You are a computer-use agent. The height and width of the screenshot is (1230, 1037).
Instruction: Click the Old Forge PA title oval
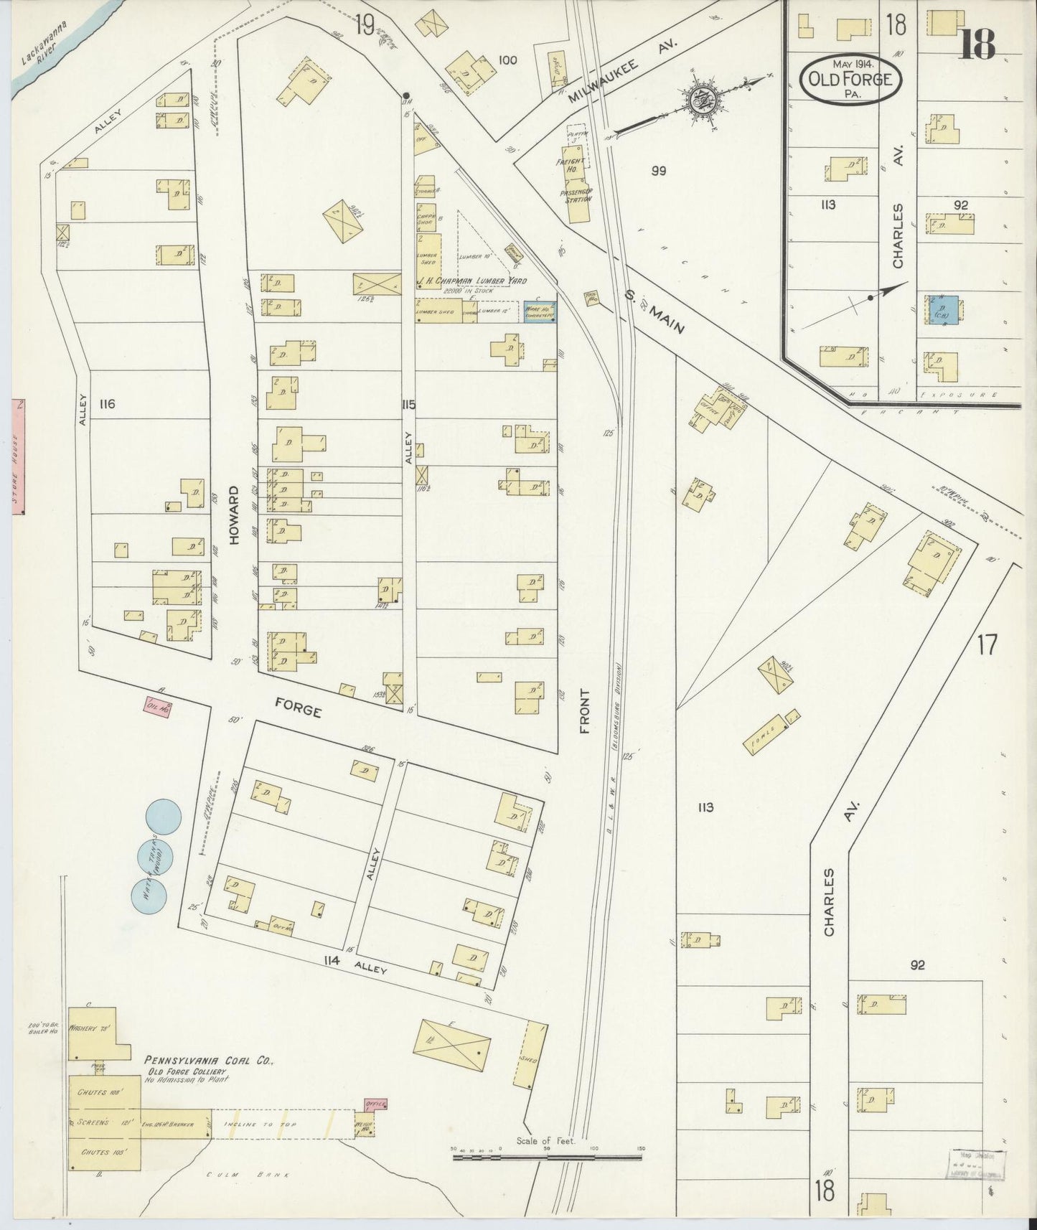pos(851,79)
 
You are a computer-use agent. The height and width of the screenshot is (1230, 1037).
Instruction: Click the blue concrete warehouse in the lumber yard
pos(540,310)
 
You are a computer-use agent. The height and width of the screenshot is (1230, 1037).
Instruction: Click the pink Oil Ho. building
pos(158,708)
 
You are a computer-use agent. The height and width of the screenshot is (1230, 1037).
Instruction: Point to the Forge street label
pos(298,709)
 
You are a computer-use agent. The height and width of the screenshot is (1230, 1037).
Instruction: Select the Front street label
pos(585,711)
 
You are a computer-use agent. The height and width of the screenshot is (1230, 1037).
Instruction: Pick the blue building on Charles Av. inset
pos(939,310)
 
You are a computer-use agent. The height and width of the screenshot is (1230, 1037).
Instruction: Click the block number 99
pos(658,171)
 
